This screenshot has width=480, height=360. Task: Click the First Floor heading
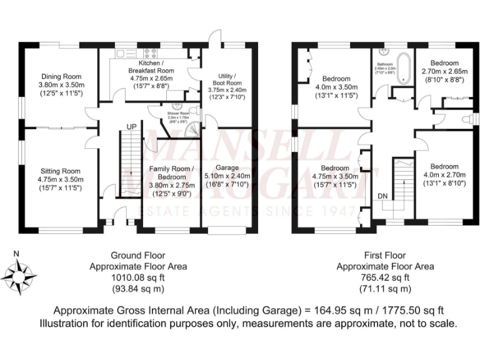tap(384, 256)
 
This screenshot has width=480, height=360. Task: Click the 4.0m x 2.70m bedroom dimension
tap(444, 175)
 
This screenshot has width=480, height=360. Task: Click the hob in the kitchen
tap(152, 52)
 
